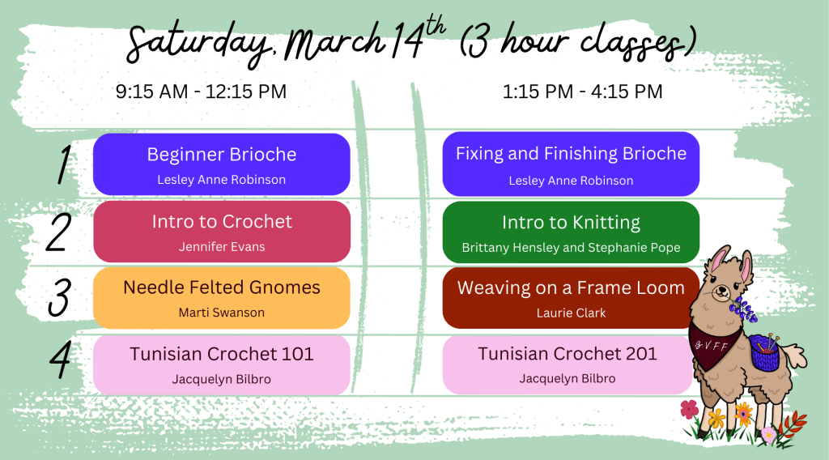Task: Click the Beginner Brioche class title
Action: [x=222, y=155]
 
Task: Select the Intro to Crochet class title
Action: [x=222, y=221]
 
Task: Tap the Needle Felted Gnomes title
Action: [x=222, y=287]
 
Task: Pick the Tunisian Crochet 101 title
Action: [x=222, y=354]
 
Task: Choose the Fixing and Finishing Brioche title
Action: [x=571, y=154]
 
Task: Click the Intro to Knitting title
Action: [x=571, y=223]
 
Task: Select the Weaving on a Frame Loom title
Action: [x=571, y=287]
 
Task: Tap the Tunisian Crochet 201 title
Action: [x=568, y=354]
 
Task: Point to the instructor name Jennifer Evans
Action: [x=222, y=247]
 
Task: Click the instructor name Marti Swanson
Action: [x=222, y=313]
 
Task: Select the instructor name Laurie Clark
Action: [x=571, y=313]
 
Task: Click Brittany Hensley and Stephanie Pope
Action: [x=571, y=248]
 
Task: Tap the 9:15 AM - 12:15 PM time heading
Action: [x=201, y=92]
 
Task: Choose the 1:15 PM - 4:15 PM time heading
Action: [x=582, y=92]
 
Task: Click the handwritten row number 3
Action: [x=59, y=297]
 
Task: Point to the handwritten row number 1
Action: [x=64, y=164]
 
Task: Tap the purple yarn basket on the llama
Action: [x=765, y=351]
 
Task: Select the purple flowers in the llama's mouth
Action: [x=745, y=309]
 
